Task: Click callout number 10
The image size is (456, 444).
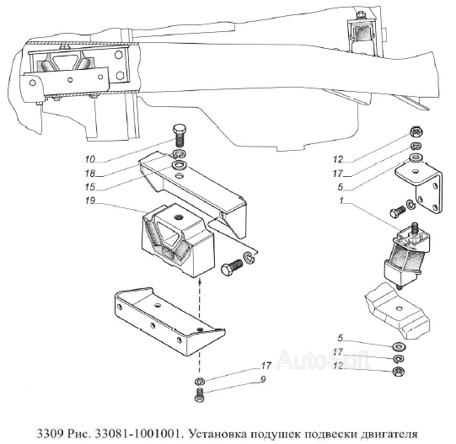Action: [x=90, y=159]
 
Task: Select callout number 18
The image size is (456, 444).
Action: [x=90, y=174]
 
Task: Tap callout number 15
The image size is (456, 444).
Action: [x=90, y=187]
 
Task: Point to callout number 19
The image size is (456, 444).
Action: [x=90, y=201]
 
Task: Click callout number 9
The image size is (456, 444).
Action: [x=263, y=379]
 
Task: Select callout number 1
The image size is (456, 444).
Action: [x=341, y=201]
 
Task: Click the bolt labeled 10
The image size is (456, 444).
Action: [x=180, y=136]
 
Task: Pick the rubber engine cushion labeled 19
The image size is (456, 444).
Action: [x=178, y=240]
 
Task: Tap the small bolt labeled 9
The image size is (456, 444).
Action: [x=199, y=394]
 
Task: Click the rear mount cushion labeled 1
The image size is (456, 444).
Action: [x=407, y=255]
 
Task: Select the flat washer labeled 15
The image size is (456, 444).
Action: [x=179, y=165]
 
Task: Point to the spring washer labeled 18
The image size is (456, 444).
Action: [x=180, y=153]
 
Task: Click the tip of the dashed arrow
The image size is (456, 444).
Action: [x=200, y=279]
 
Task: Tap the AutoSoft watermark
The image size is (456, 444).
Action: [x=324, y=359]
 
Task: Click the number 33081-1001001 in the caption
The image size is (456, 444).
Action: [x=136, y=434]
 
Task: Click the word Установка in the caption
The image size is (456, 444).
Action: [x=214, y=434]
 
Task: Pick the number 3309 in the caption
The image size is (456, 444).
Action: [x=50, y=434]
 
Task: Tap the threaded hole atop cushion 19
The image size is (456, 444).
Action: [x=178, y=217]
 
